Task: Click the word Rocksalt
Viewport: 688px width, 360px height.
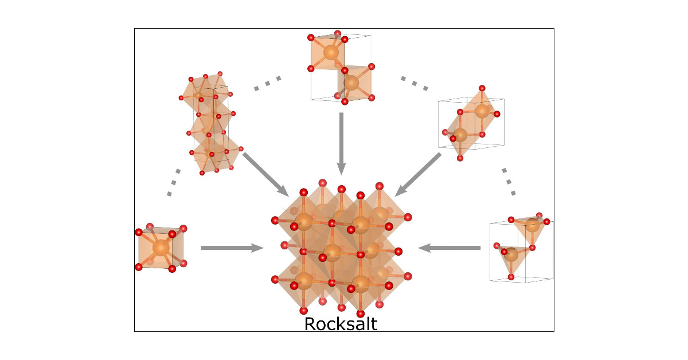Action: click(341, 324)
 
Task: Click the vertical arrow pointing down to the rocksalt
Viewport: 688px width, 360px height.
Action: click(342, 143)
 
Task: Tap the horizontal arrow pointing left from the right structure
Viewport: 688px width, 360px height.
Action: click(449, 248)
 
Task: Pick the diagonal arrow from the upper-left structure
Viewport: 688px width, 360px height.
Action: click(265, 173)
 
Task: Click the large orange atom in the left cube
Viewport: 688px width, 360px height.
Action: click(161, 248)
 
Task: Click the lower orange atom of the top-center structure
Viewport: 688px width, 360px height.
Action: click(351, 83)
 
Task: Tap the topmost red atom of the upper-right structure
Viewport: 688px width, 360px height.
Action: click(482, 88)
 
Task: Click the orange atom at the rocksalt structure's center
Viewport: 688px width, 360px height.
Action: click(333, 251)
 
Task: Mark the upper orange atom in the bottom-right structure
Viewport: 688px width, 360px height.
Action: click(533, 225)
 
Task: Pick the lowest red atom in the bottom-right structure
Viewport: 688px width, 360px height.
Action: click(511, 277)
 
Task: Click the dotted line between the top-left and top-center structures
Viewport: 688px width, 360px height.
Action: click(267, 83)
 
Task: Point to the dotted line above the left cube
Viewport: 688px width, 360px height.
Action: click(174, 182)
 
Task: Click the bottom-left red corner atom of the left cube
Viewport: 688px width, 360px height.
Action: click(138, 267)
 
